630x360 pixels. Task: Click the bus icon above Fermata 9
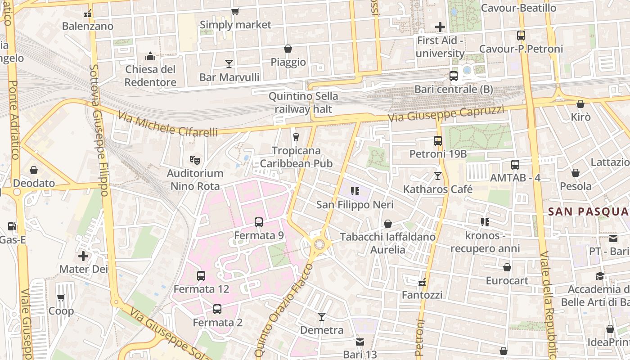[259, 222]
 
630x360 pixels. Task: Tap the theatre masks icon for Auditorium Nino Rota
[195, 160]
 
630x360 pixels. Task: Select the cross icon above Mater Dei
[83, 256]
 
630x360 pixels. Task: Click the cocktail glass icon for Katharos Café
[438, 176]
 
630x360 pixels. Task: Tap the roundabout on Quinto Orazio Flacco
[319, 244]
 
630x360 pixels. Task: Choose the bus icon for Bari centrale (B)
[454, 76]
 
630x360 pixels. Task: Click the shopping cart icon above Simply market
[235, 12]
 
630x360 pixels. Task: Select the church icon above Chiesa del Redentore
[150, 56]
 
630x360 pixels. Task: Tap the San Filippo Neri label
[355, 205]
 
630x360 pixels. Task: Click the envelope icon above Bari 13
[360, 342]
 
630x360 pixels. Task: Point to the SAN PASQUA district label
[589, 211]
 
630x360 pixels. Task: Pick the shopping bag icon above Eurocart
[507, 267]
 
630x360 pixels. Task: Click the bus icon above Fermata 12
[201, 275]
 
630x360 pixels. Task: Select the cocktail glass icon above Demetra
[322, 317]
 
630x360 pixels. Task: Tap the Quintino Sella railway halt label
[303, 103]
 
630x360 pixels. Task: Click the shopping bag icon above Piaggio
[288, 49]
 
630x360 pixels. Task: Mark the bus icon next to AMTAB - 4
[515, 165]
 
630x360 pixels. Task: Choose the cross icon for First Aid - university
[440, 27]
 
